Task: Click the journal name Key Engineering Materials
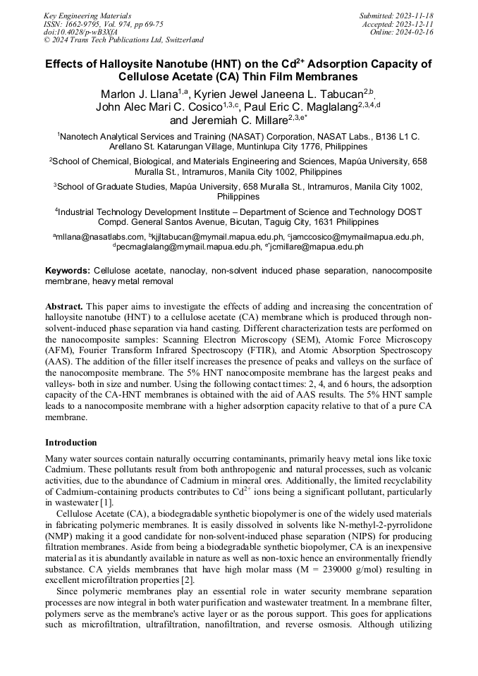pyautogui.click(x=87, y=15)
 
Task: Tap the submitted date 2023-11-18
pyautogui.click(x=417, y=15)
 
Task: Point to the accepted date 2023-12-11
pyautogui.click(x=417, y=23)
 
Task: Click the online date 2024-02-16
pyautogui.click(x=417, y=32)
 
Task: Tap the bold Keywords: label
pyautogui.click(x=68, y=271)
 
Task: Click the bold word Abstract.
pyautogui.click(x=63, y=307)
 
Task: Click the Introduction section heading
pyautogui.click(x=71, y=443)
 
